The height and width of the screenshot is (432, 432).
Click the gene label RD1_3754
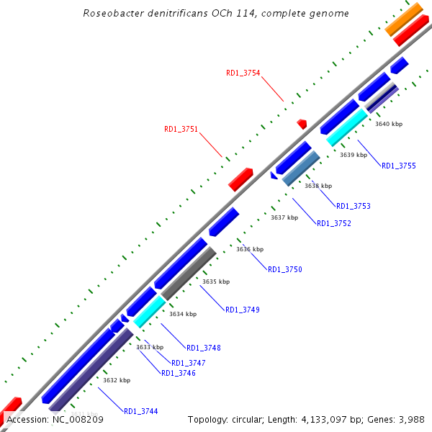[243, 73]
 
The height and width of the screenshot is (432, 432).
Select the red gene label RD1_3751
[181, 130]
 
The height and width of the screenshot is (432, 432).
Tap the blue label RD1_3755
[398, 166]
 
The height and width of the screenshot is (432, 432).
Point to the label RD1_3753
[354, 207]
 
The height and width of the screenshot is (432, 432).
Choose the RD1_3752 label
[334, 223]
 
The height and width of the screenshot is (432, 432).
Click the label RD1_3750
[285, 270]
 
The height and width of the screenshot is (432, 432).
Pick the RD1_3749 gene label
[243, 310]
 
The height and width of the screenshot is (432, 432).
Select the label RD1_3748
[203, 348]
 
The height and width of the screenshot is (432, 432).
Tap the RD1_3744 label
[140, 412]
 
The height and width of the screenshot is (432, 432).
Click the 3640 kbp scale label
[389, 124]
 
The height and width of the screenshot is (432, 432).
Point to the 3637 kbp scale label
[284, 217]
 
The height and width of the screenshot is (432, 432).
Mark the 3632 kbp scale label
[117, 380]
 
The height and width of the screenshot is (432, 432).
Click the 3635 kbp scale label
[216, 282]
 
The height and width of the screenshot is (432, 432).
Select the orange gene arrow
[404, 19]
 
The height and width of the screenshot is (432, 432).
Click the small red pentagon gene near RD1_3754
[302, 124]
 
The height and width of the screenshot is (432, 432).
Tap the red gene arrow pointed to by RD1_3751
[240, 179]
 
